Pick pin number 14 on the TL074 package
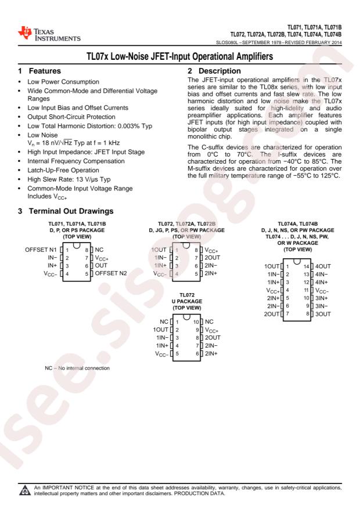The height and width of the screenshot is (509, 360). point(312,266)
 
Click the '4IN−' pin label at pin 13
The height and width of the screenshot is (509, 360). point(329,275)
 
